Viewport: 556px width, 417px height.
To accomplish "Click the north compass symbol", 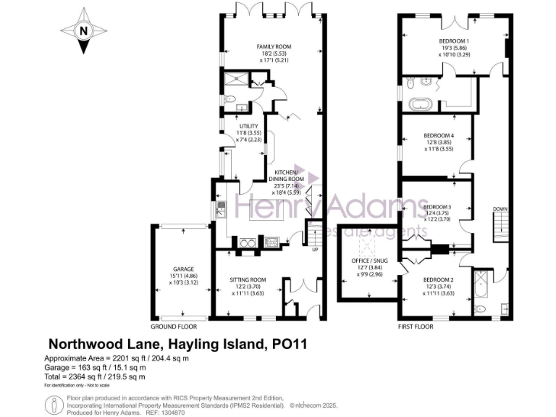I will (x=83, y=31).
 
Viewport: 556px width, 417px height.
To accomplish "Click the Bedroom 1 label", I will (x=454, y=41).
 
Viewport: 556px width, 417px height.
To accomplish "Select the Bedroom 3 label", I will (x=437, y=206).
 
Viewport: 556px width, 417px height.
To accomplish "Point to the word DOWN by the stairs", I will (x=500, y=209).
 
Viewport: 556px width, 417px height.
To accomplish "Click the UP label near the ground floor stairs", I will (x=314, y=250).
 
